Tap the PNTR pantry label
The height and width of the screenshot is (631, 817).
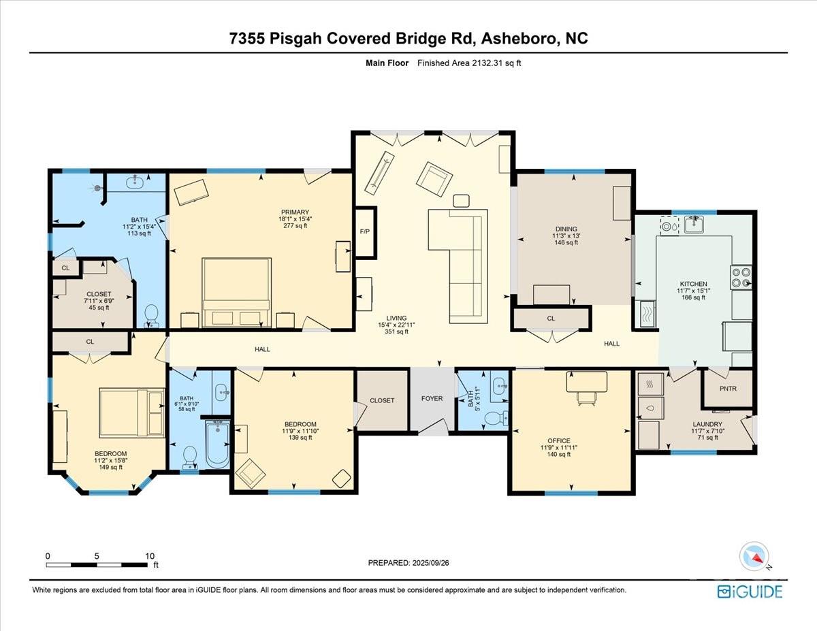[727, 389]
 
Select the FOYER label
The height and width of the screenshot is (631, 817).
[432, 398]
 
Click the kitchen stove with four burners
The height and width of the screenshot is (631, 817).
[741, 277]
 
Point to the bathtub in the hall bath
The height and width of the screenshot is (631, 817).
[218, 444]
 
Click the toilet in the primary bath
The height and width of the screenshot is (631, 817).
[153, 315]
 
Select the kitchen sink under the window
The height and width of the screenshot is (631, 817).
[694, 223]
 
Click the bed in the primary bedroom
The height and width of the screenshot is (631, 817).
[237, 292]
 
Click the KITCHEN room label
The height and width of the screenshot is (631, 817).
[693, 284]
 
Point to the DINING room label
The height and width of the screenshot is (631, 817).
[565, 229]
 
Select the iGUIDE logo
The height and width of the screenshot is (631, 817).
[750, 591]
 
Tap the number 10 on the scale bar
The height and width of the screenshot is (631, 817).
[149, 555]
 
